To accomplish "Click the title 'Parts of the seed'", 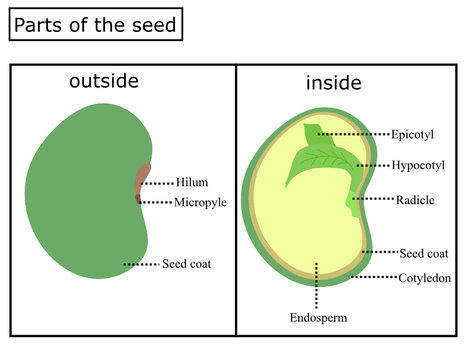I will (96, 24).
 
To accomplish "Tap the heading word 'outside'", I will (103, 81).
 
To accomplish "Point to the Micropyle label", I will (200, 203).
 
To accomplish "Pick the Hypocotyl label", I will (418, 165).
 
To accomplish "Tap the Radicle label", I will (415, 200).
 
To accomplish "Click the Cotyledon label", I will (425, 277).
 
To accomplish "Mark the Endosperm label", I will (318, 319).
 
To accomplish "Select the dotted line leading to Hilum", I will (158, 183).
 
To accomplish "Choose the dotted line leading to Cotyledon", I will (375, 277).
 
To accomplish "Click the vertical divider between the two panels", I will (236, 200).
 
